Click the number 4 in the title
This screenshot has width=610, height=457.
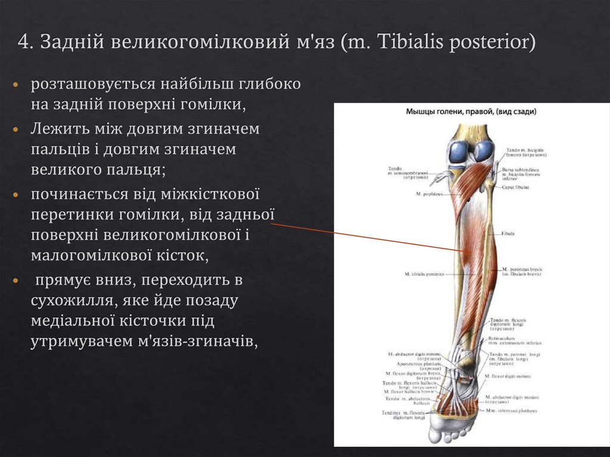point(23,42)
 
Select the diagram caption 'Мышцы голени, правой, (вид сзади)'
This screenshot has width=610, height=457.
point(471,111)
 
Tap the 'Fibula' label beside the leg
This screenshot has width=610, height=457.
point(508,234)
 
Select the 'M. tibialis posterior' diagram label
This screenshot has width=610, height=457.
point(424,274)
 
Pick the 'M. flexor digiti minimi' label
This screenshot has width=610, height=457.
point(508,377)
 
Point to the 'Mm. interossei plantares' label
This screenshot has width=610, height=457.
point(511,410)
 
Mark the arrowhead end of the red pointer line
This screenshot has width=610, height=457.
point(463,251)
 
